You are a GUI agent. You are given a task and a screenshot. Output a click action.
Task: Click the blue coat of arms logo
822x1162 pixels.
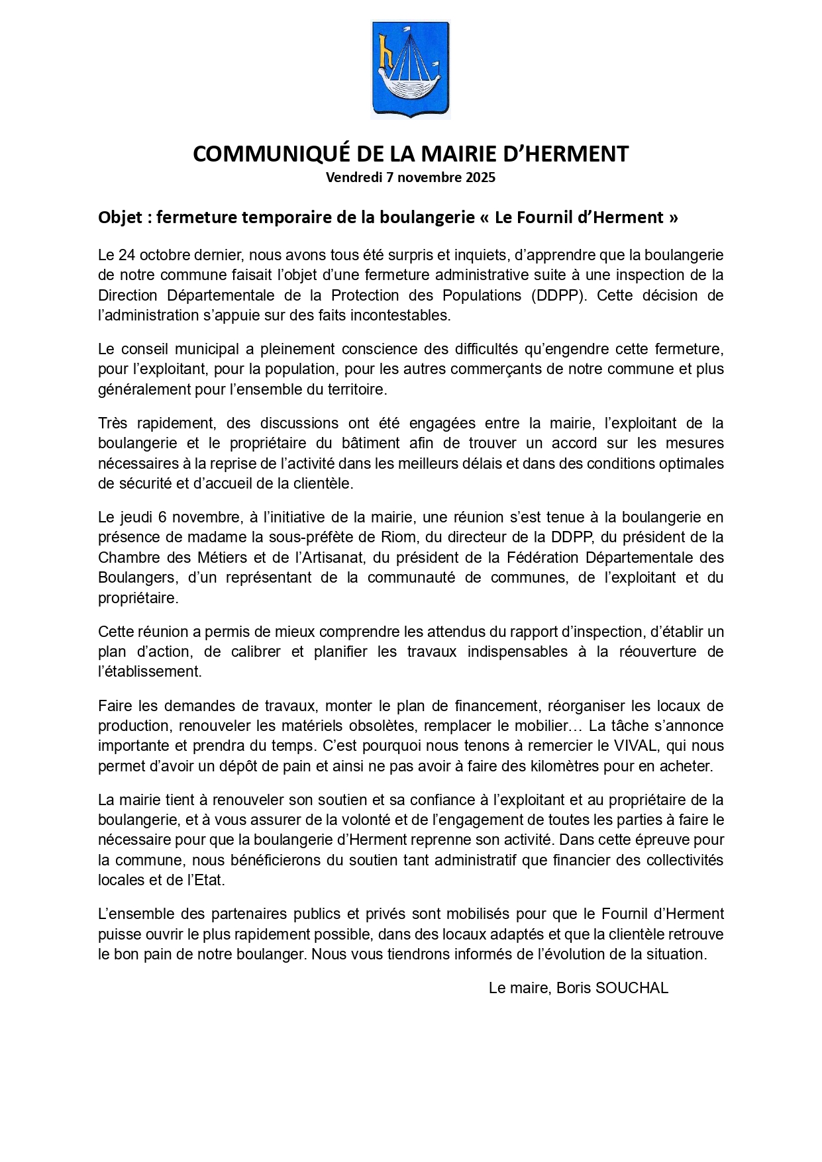410,70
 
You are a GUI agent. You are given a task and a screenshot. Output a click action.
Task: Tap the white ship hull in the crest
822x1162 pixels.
409,87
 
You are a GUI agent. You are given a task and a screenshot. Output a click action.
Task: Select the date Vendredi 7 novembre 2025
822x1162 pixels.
410,177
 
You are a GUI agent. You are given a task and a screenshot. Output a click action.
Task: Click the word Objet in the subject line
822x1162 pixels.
120,217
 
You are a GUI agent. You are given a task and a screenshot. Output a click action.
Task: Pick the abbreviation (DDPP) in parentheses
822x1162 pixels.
558,295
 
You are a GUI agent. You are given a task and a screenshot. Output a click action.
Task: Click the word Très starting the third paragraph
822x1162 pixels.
116,423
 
